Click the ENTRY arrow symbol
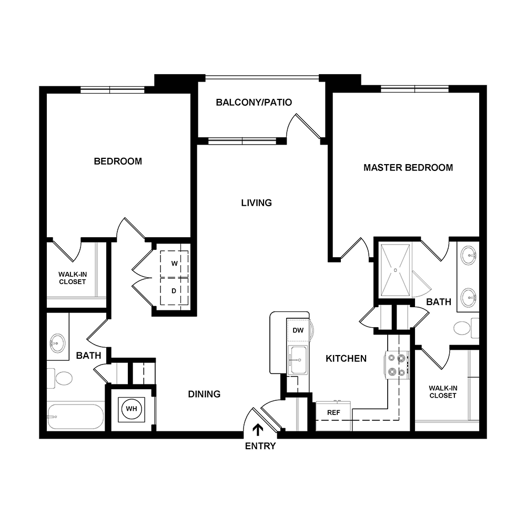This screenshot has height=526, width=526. point(258,430)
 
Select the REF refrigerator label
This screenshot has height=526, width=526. point(333,412)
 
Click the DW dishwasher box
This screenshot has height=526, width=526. point(298,330)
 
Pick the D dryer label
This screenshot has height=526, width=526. point(174,290)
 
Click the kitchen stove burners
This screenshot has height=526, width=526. point(396,365)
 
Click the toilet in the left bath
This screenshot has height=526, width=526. point(63,378)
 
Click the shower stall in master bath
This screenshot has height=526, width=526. point(396,269)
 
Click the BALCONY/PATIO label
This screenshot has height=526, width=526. point(254,103)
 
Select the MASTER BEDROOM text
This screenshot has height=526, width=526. point(408,168)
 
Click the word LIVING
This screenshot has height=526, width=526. point(256,203)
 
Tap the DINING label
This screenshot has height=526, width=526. point(204,394)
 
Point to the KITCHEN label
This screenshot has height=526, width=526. point(346,359)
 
